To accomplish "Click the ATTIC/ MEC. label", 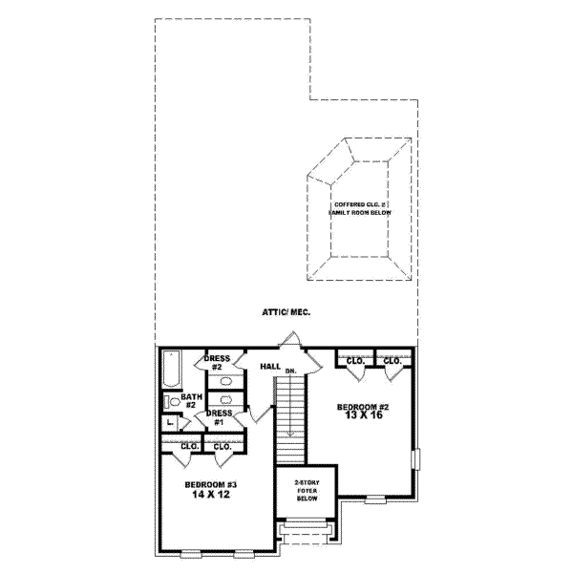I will pyautogui.click(x=286, y=312).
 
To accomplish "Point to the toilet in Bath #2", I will pyautogui.click(x=168, y=401).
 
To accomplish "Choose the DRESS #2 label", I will pyautogui.click(x=217, y=362).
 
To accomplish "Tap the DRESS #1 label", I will pyautogui.click(x=216, y=417).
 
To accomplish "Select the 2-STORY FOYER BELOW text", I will pyautogui.click(x=306, y=491).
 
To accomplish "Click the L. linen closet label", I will pyautogui.click(x=169, y=421).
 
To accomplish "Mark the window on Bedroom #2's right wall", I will pyautogui.click(x=414, y=459).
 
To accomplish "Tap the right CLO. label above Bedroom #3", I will pyautogui.click(x=223, y=446).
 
